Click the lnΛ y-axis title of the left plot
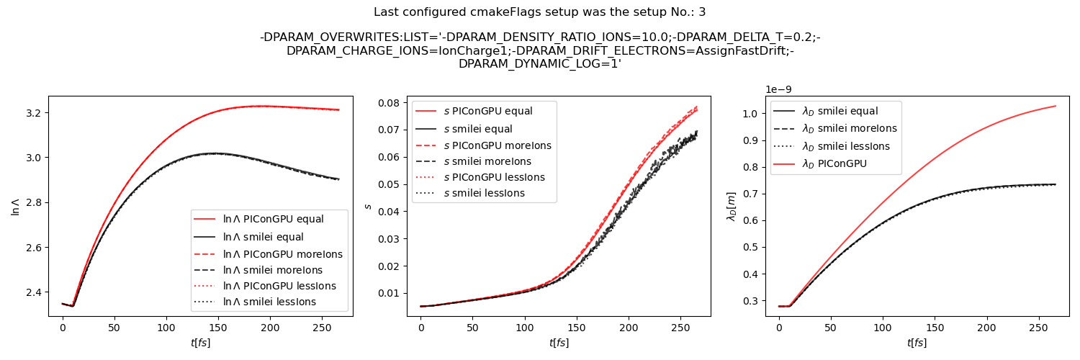[x=15, y=206]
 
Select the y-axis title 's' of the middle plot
[x=368, y=206]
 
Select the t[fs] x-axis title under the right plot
[x=917, y=343]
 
